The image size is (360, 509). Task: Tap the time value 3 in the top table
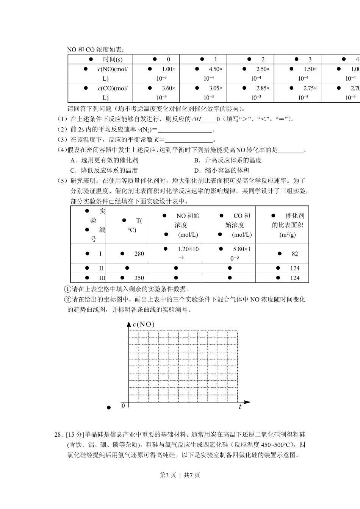[310, 59]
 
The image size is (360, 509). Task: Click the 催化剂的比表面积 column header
[288, 225]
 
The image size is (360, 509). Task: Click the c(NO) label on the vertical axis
[144, 325]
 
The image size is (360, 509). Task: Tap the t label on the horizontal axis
[240, 407]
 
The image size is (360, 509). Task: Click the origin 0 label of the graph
[123, 406]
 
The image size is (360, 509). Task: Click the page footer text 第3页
[168, 475]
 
